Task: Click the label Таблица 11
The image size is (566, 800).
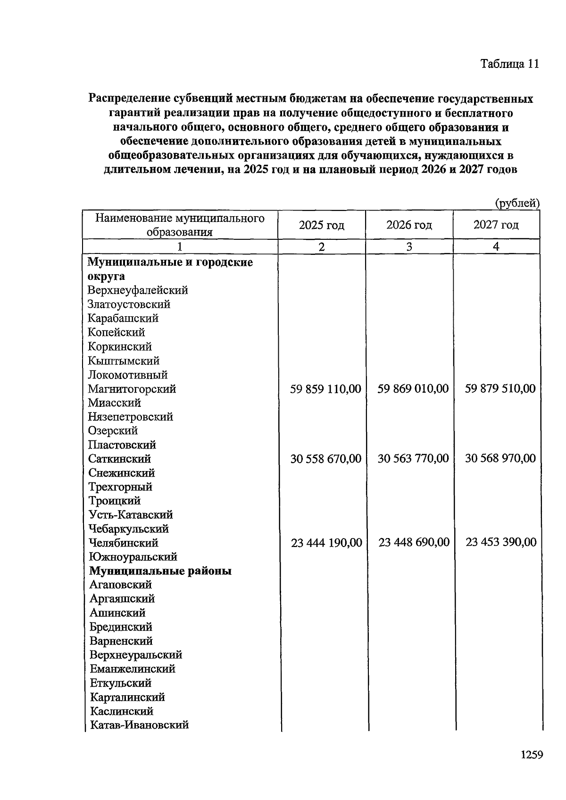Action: click(x=509, y=64)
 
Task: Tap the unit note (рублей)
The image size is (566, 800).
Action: click(x=516, y=203)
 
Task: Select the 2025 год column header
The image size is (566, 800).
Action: click(x=321, y=225)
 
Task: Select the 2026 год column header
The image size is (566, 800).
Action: click(x=409, y=225)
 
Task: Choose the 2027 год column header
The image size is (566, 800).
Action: click(x=496, y=225)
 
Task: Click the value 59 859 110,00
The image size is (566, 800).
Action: click(x=325, y=389)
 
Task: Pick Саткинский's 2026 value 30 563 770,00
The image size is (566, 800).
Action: click(x=413, y=458)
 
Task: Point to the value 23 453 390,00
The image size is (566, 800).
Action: click(x=501, y=542)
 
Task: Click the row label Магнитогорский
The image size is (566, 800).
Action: click(x=132, y=389)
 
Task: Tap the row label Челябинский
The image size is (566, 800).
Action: click(x=123, y=543)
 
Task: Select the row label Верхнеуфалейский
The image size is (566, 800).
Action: click(x=138, y=290)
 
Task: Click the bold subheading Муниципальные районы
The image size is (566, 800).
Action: click(x=160, y=571)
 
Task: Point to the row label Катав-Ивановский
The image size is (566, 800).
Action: click(x=139, y=725)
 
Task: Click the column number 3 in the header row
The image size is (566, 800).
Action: click(x=409, y=246)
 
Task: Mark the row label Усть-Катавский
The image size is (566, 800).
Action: click(x=131, y=515)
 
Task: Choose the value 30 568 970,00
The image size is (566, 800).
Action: click(x=500, y=458)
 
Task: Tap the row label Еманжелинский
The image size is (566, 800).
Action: click(x=133, y=669)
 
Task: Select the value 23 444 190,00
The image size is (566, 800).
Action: click(x=326, y=543)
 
